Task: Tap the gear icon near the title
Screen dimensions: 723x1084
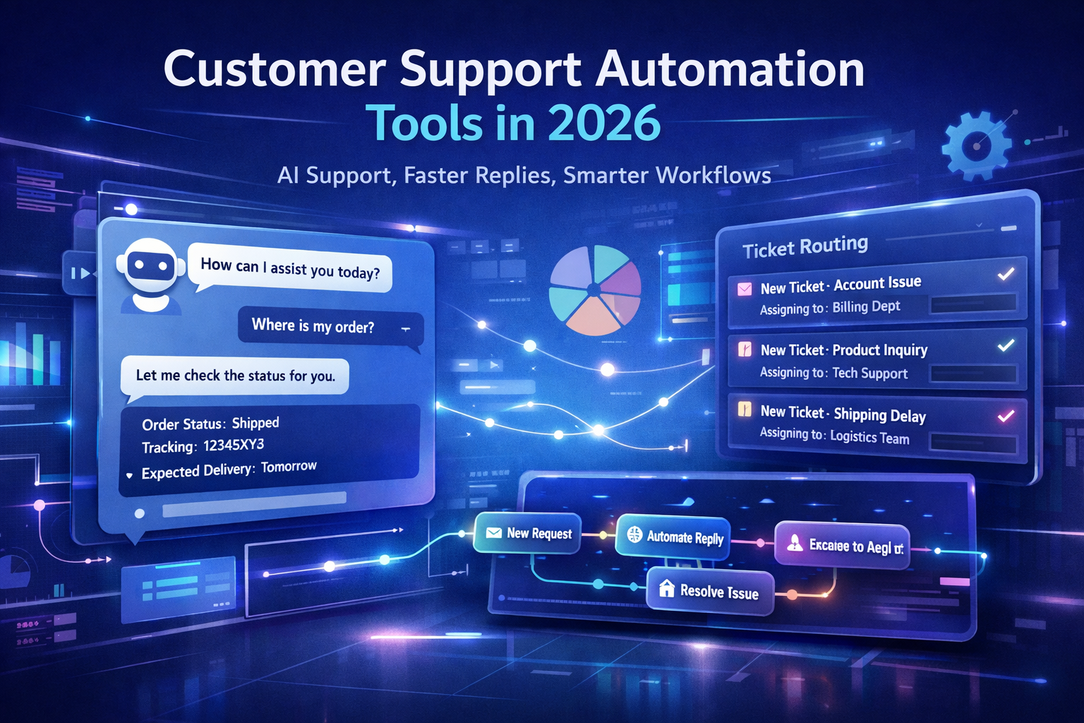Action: (977, 147)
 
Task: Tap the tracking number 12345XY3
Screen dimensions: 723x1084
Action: (234, 445)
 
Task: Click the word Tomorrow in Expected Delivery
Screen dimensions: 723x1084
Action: (289, 467)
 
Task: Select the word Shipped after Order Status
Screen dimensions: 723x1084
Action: (255, 423)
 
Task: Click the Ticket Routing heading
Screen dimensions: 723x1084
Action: (805, 247)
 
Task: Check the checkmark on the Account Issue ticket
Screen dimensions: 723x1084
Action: (1006, 274)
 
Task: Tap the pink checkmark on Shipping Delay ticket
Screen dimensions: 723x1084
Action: (1006, 416)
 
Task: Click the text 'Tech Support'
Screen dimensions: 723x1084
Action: (869, 373)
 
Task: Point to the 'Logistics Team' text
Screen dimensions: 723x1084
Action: (869, 437)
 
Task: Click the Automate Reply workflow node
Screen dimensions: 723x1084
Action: (674, 537)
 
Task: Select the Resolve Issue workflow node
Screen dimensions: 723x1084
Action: (710, 591)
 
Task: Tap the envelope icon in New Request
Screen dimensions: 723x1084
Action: (494, 533)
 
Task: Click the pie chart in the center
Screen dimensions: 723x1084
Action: (594, 290)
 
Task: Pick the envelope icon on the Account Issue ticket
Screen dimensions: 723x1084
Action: (745, 289)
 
